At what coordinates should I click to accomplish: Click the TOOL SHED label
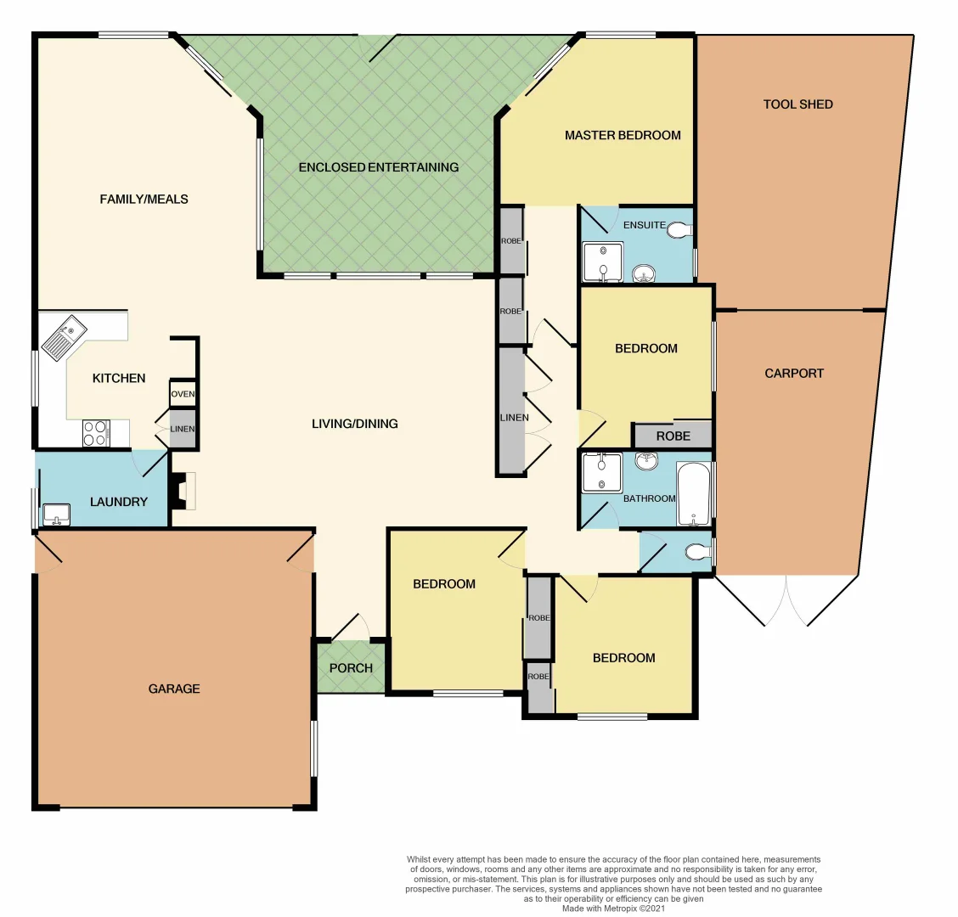coord(797,104)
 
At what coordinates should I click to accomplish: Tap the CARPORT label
coord(793,373)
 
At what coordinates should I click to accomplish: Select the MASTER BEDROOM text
coord(623,135)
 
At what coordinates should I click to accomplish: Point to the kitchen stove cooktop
coord(94,433)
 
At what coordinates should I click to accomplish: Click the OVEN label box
coord(183,394)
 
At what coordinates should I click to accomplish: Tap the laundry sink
coord(56,515)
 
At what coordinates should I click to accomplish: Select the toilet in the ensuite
coord(679,230)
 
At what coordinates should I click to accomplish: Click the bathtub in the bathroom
coord(694,494)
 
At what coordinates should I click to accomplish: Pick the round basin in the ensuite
coord(644,272)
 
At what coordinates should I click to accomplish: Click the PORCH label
coord(351,668)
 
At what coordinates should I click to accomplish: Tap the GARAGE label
coord(174,689)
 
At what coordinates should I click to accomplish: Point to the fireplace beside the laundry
coord(183,492)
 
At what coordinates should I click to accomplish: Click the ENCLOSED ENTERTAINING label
coord(378,167)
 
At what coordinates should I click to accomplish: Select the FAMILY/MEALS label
coord(144,199)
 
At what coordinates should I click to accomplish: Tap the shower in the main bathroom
coord(602,472)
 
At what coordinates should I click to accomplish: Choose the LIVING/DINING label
coord(354,424)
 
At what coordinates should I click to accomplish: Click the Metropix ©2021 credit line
coord(613,909)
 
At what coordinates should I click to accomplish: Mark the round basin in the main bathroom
coord(647,461)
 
